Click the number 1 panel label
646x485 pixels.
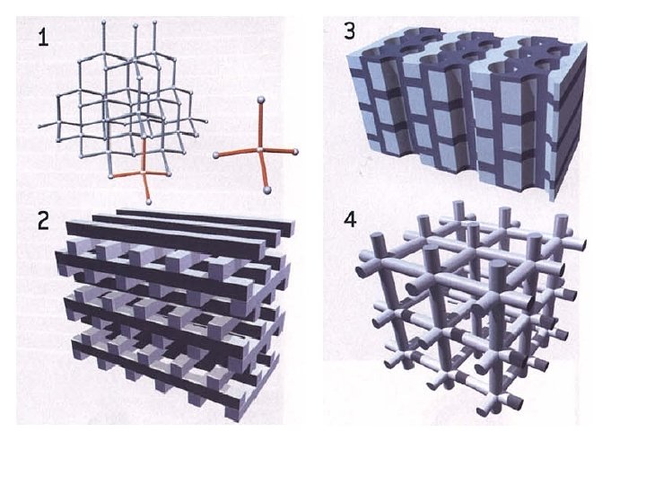pyautogui.click(x=43, y=38)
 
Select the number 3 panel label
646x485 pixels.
pyautogui.click(x=349, y=31)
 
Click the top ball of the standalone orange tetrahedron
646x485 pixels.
pyautogui.click(x=260, y=100)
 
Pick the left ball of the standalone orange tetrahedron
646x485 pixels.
pyautogui.click(x=216, y=155)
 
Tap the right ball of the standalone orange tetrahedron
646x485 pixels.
pyautogui.click(x=295, y=152)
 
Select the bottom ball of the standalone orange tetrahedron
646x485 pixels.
pyautogui.click(x=267, y=190)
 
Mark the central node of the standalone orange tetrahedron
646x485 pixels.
pyautogui.click(x=260, y=149)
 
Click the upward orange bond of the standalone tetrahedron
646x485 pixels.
pyautogui.click(x=260, y=124)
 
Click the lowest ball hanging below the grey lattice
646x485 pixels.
pyautogui.click(x=149, y=202)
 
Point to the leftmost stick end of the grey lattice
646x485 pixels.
pyautogui.click(x=39, y=127)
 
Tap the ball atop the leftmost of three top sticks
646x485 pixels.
pyautogui.click(x=103, y=22)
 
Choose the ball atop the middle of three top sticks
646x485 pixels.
pyautogui.click(x=135, y=25)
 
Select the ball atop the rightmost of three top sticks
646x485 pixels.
pyautogui.click(x=155, y=22)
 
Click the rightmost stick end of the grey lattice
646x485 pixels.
pyautogui.click(x=205, y=121)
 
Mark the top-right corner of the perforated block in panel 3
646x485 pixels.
pyautogui.click(x=586, y=44)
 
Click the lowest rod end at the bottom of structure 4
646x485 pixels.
pyautogui.click(x=482, y=410)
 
